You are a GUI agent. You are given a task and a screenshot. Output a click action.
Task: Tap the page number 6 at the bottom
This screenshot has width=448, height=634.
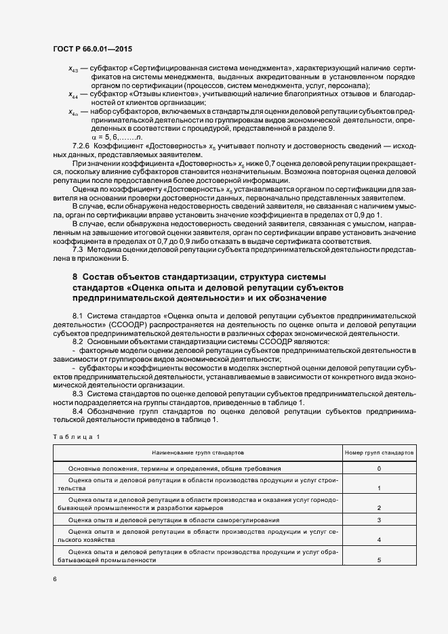[x=54, y=579]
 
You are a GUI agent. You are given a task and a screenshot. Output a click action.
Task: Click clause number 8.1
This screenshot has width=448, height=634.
[x=78, y=316]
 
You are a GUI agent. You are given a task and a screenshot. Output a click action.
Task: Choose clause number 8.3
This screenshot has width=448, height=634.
[x=78, y=393]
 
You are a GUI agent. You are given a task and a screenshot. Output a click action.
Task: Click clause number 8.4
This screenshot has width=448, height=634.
[x=78, y=411]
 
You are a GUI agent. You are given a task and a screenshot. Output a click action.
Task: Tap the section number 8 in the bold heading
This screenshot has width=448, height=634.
[x=75, y=276]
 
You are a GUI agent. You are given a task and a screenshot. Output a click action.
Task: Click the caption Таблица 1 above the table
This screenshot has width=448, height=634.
[x=76, y=436]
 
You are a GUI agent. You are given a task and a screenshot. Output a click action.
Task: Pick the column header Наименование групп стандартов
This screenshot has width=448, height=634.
[x=199, y=451]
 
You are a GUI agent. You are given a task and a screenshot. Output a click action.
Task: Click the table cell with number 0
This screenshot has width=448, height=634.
[x=379, y=468]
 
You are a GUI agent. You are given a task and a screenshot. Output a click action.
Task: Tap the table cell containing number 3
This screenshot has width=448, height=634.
[x=379, y=520]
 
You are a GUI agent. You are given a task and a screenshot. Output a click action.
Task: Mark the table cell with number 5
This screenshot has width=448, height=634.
[x=379, y=560]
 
